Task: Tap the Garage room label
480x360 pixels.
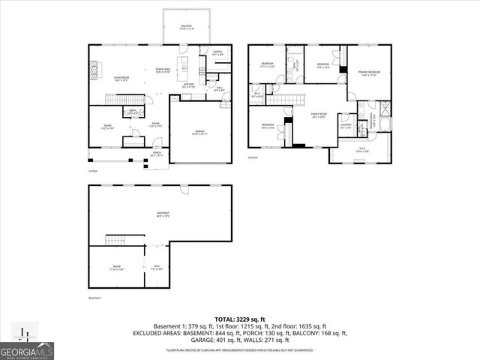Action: pos(200,132)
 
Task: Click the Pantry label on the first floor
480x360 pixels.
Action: pos(217,53)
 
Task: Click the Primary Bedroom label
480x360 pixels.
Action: pos(368,73)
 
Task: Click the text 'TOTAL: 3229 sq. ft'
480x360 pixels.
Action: pos(240,319)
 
